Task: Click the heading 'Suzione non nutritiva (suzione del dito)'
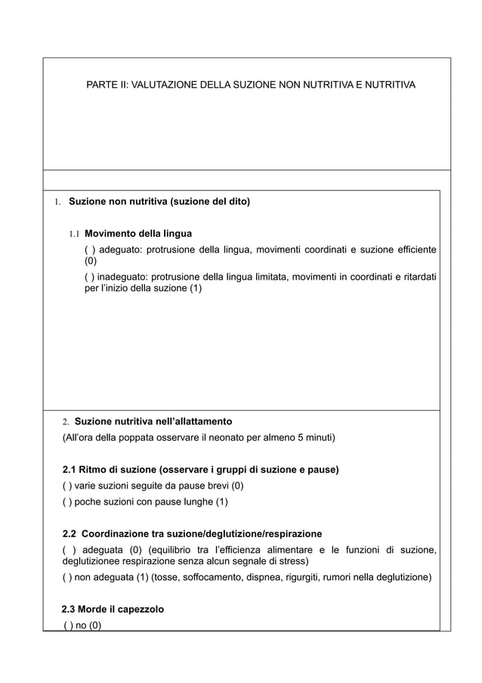point(159,202)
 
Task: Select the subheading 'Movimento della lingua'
point(138,233)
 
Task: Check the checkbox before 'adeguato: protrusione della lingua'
point(88,250)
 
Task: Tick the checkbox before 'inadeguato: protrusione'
point(88,278)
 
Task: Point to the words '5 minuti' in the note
point(316,437)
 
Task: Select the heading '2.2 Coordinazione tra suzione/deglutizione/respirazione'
point(192,534)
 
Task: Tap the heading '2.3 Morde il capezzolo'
point(113,609)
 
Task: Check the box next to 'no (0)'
point(68,625)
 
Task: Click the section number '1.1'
point(76,234)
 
